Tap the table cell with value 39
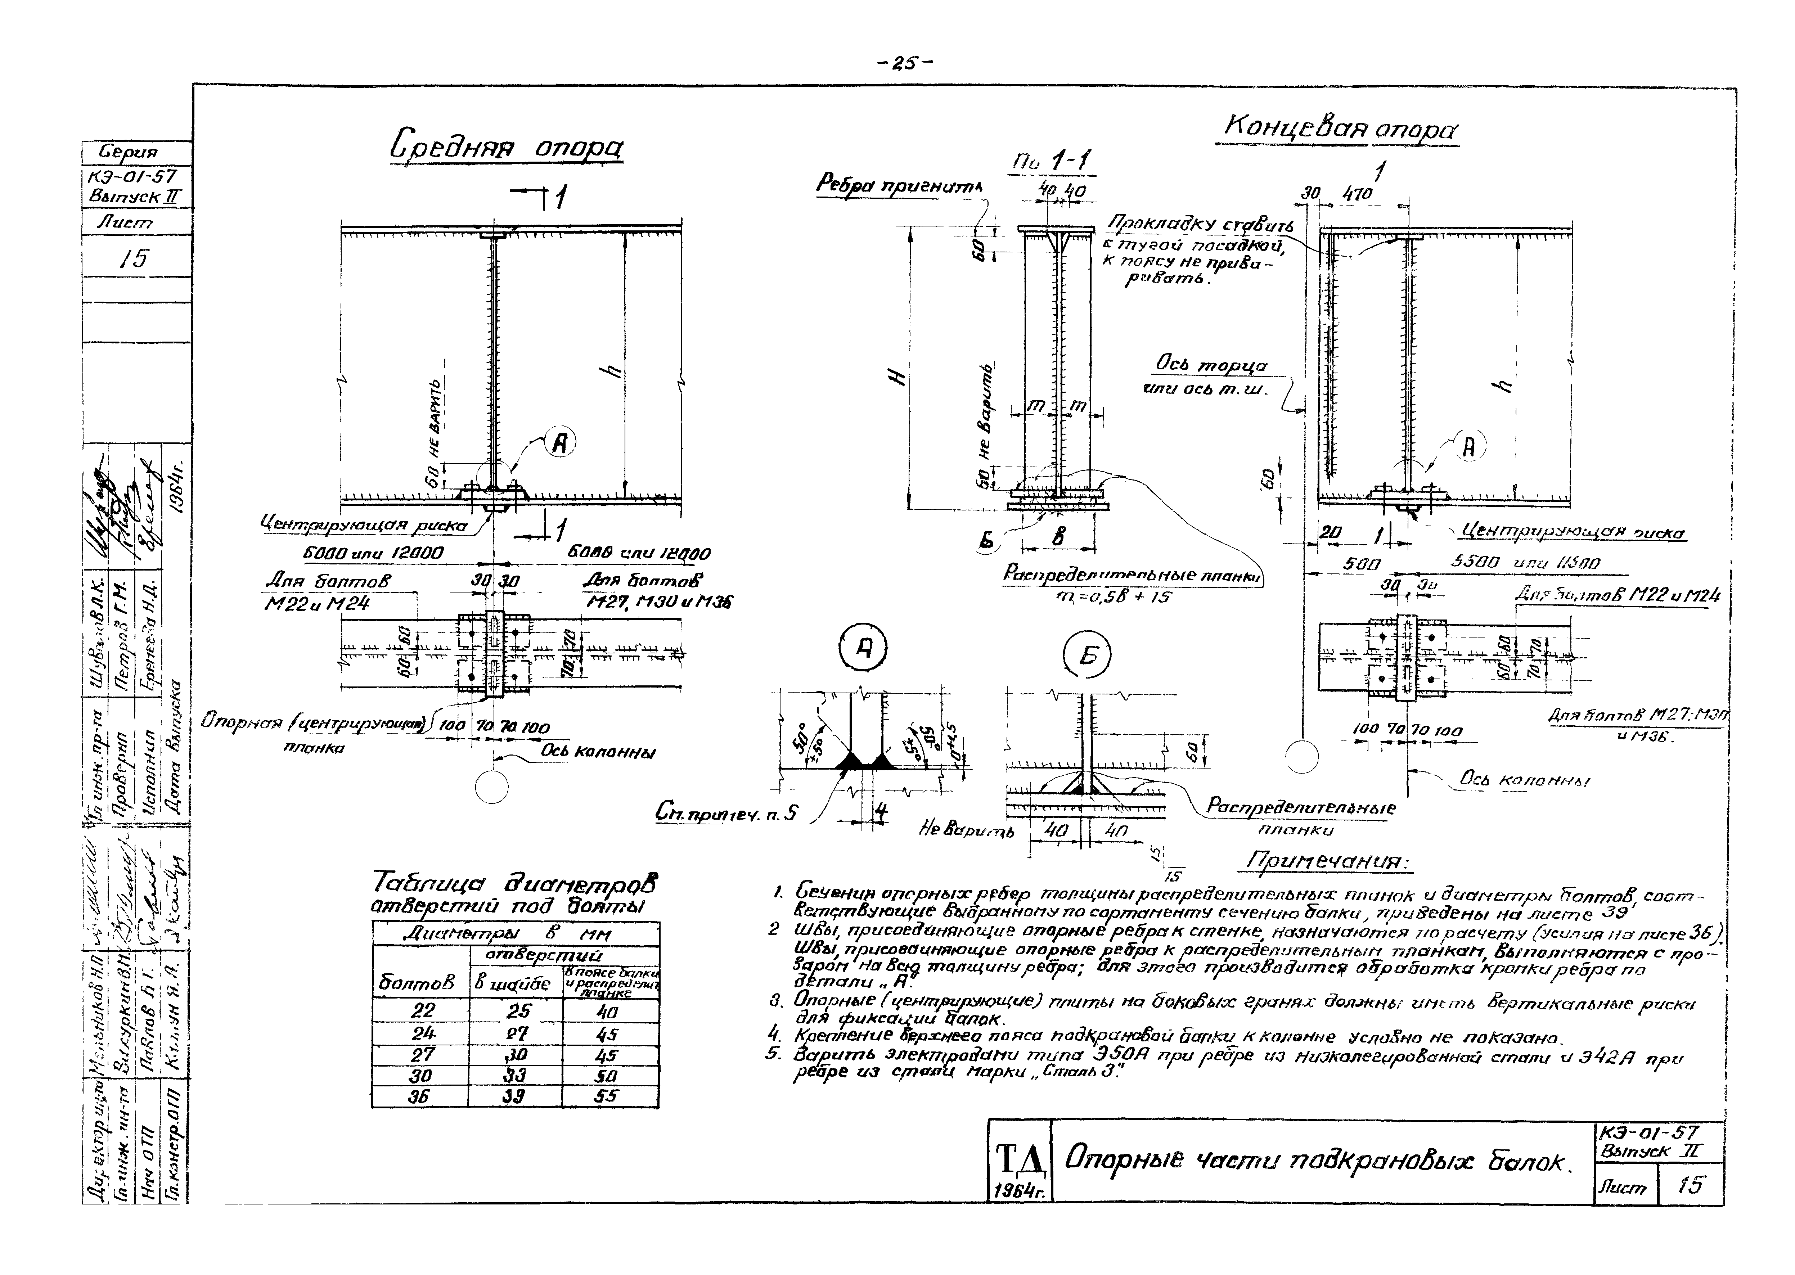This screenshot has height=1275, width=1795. pyautogui.click(x=514, y=1096)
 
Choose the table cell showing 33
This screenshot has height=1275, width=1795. pyautogui.click(x=514, y=1075)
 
